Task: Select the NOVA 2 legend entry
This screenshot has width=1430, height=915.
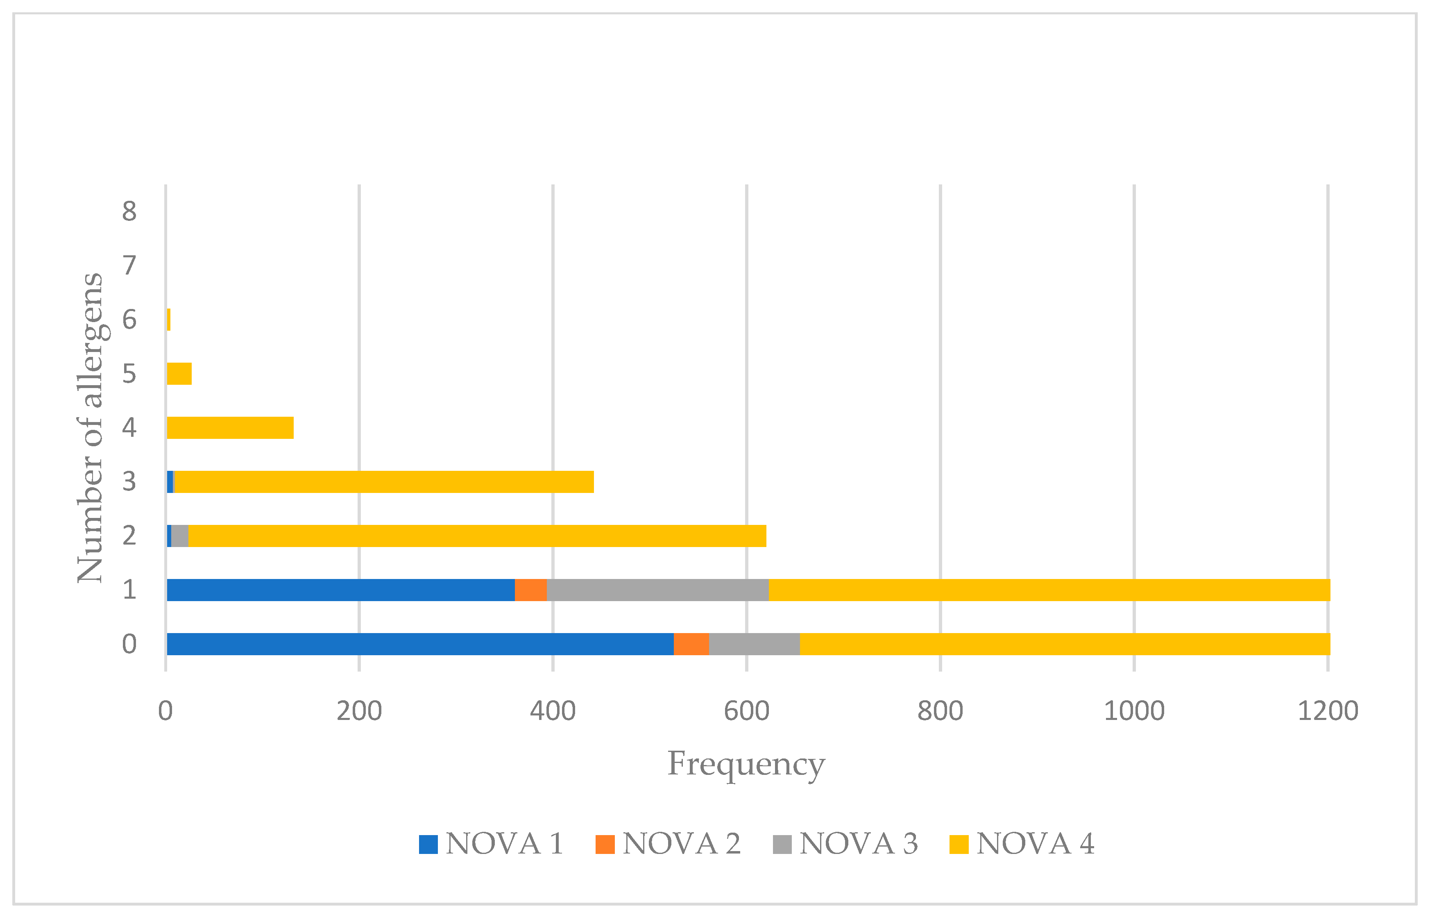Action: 669,844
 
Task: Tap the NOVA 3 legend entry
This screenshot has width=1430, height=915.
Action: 845,844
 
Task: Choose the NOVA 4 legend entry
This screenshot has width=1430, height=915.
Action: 1022,844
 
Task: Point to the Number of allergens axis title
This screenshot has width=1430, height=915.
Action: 90,428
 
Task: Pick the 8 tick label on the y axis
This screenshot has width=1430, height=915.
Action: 129,211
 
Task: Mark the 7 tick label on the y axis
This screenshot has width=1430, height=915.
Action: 129,265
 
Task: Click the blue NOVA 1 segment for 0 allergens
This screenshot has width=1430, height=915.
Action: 420,644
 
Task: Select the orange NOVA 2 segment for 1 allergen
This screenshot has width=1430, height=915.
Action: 530,590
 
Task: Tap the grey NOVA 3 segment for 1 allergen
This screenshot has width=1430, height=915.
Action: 657,590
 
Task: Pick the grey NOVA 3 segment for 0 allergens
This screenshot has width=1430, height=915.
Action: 754,644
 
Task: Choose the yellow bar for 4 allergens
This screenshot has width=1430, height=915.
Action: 231,428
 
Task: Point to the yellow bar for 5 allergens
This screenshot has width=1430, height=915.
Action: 179,374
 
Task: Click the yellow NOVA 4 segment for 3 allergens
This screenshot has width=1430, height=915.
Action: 384,482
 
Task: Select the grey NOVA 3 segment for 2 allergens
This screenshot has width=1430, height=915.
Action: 179,536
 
